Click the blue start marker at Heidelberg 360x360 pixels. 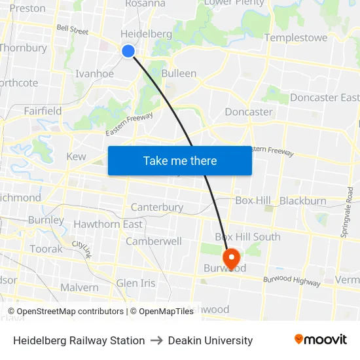128,51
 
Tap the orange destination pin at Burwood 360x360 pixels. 231,257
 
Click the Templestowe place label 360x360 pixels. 296,38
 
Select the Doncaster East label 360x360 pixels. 324,98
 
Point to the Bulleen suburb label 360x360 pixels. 179,73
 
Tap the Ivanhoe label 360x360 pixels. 95,73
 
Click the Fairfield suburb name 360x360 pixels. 43,111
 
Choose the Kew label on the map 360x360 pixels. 76,156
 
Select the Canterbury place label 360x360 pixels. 157,207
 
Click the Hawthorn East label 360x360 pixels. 108,224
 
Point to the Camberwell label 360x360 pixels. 154,241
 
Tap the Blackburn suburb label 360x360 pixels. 302,201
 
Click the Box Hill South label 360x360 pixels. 247,237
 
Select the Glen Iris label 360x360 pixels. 135,283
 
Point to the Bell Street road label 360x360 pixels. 72,29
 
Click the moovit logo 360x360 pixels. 321,340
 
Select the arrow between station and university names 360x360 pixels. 156,340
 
